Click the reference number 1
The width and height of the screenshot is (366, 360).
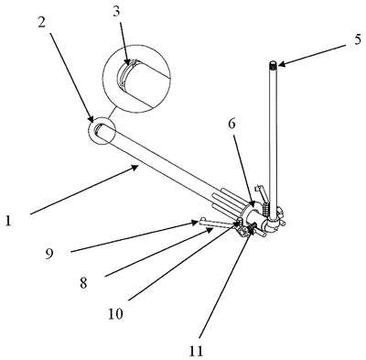[x=8, y=221]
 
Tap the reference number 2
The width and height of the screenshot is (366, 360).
[x=42, y=22]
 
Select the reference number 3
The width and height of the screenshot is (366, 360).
[x=116, y=11]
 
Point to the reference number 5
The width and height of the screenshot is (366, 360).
[x=358, y=39]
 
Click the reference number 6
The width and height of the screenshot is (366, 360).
[x=232, y=124]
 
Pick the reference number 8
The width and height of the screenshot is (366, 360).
[x=83, y=283]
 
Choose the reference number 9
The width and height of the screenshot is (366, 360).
[x=49, y=254]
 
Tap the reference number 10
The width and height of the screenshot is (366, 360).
[x=115, y=313]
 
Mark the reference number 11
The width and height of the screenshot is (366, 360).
[x=196, y=351]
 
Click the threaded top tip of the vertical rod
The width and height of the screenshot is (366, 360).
[x=273, y=65]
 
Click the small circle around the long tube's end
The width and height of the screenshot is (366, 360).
[x=101, y=130]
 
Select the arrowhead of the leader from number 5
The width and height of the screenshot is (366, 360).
[x=281, y=64]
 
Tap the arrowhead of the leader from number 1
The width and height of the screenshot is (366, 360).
[x=135, y=167]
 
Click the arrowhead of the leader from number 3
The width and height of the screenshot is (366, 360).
[x=128, y=62]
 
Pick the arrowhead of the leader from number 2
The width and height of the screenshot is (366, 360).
[x=91, y=119]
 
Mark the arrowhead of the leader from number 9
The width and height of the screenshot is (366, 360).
[x=195, y=223]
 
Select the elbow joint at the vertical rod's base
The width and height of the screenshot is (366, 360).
[x=272, y=224]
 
